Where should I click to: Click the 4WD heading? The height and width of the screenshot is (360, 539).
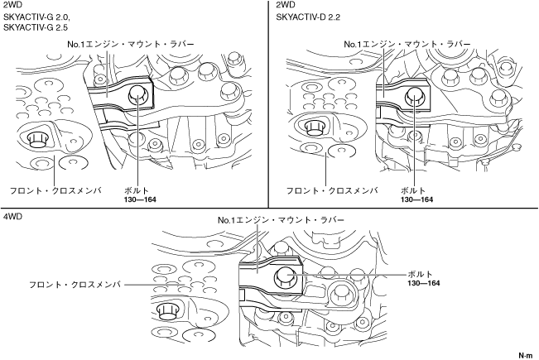[12, 217]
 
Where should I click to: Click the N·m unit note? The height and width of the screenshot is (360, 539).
[525, 353]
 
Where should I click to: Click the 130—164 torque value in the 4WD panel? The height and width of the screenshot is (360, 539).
[423, 283]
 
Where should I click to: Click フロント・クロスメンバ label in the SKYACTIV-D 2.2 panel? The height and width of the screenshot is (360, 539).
[332, 190]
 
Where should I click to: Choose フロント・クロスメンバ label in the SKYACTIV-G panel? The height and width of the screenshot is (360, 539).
[55, 190]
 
